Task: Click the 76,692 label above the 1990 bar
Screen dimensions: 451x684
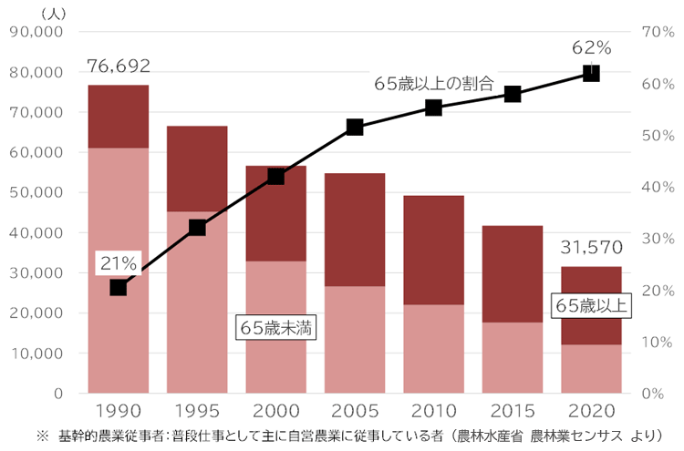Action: point(119,66)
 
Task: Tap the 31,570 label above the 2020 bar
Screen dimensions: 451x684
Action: point(590,247)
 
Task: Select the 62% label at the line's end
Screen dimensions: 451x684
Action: point(591,47)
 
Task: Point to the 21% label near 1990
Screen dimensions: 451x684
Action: point(118,262)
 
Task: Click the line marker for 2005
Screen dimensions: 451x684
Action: point(355,128)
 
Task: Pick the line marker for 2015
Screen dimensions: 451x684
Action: point(513,94)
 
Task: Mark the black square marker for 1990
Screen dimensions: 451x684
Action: point(118,287)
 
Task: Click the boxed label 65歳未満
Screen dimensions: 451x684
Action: point(275,328)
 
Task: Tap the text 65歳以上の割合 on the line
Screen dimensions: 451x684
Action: point(433,84)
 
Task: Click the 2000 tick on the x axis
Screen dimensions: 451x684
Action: point(275,412)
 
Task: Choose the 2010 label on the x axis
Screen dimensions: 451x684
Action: point(433,412)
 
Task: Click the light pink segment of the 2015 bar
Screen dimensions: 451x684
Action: point(513,357)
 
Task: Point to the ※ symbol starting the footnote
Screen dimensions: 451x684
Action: point(42,436)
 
